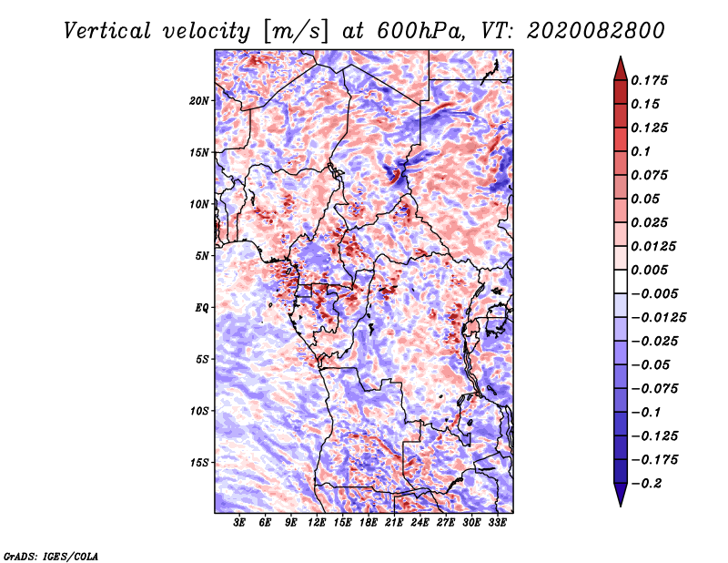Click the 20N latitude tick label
[x=199, y=100]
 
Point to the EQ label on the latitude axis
[x=201, y=308]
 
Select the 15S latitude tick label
[x=199, y=462]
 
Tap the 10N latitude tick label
[x=199, y=204]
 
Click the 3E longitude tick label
[x=240, y=523]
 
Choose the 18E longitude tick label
[x=369, y=523]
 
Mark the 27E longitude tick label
[x=446, y=523]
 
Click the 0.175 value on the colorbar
[x=652, y=80]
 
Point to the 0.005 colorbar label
[x=652, y=270]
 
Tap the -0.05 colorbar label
[x=652, y=364]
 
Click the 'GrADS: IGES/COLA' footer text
[x=51, y=555]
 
